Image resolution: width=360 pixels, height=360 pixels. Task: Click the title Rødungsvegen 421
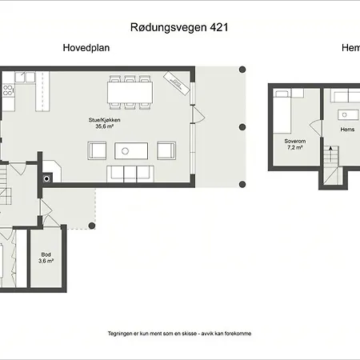[179, 27]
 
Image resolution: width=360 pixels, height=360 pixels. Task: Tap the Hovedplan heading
[86, 48]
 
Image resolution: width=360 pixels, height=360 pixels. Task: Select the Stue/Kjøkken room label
[105, 120]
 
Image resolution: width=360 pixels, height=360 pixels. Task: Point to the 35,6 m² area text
[105, 126]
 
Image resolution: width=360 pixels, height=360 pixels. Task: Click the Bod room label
[46, 254]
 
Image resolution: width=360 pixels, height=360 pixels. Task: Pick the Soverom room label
[295, 141]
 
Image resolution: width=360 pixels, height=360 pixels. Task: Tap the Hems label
[347, 130]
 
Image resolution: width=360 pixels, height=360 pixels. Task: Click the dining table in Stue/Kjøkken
[130, 92]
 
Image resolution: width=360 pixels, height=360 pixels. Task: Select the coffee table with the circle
[131, 151]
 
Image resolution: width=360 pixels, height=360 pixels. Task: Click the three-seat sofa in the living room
[130, 174]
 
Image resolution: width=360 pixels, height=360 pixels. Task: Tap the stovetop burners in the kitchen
[7, 90]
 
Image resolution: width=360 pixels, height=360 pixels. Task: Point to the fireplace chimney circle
[46, 179]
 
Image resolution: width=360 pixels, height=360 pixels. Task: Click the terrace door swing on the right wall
[198, 114]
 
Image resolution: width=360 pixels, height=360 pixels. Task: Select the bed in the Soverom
[282, 112]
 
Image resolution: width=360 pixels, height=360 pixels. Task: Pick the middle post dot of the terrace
[242, 127]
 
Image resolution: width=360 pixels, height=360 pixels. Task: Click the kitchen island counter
[42, 91]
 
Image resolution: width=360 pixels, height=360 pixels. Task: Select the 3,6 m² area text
[46, 261]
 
